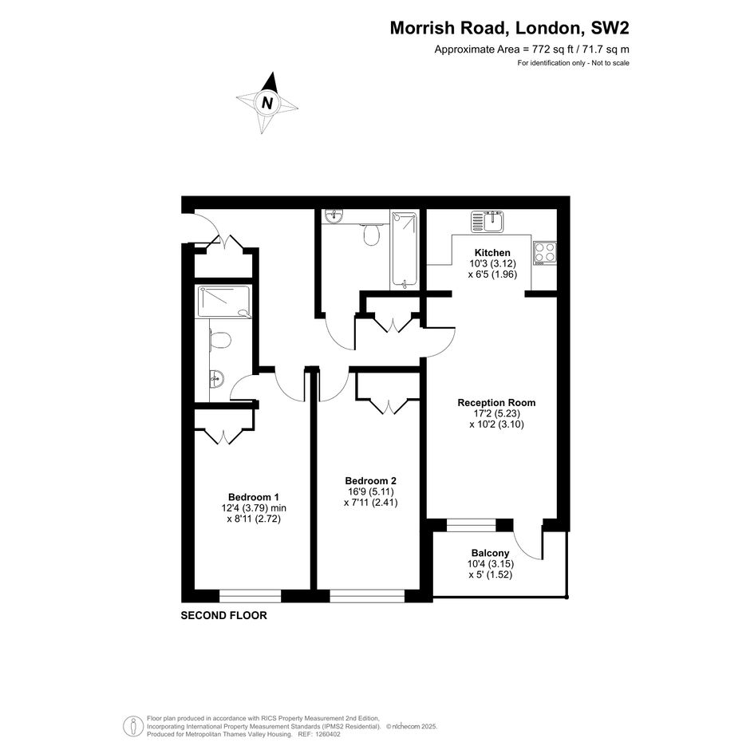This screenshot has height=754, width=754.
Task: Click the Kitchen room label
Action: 492,253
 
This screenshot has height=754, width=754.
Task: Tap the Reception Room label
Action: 496,402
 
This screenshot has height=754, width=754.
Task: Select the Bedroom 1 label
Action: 254,497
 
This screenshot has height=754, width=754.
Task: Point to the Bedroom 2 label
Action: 371,481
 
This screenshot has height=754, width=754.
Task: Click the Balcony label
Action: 490,554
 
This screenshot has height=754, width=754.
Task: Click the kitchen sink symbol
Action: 488,221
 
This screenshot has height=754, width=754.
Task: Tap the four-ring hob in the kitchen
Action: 545,253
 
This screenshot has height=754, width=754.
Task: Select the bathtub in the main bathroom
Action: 404,250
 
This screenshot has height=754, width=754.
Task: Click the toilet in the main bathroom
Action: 371,235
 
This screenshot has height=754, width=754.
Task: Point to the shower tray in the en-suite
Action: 224,302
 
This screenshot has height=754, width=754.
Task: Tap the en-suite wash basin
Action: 216,378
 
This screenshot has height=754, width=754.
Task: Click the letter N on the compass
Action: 266,103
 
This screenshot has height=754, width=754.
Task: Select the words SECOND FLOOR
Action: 223,615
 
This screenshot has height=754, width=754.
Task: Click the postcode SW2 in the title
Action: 610,28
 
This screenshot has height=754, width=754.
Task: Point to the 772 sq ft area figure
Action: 553,49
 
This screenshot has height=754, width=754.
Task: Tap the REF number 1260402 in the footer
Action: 326,734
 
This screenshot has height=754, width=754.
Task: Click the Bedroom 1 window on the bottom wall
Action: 250,596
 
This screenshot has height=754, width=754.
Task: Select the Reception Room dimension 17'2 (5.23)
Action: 497,413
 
